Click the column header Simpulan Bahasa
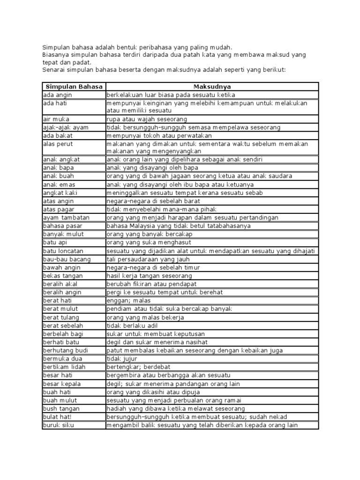(74, 86)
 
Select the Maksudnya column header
(212, 86)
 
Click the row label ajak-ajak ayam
(65, 127)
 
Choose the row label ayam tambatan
(64, 217)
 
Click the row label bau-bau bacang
(67, 259)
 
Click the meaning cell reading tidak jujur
(122, 359)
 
